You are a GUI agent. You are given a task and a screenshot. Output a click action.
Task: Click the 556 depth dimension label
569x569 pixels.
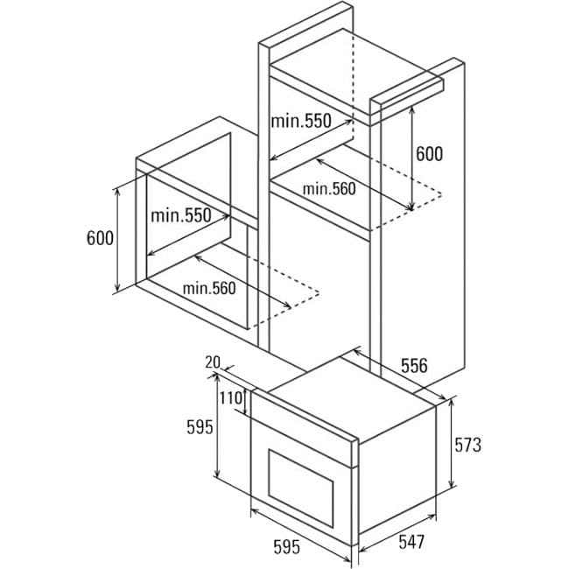pyautogui.click(x=414, y=365)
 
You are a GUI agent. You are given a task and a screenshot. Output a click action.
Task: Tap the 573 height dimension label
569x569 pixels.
pyautogui.click(x=467, y=445)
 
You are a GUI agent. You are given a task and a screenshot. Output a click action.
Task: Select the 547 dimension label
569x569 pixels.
pyautogui.click(x=411, y=542)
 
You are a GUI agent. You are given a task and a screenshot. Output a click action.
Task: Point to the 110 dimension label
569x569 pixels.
pyautogui.click(x=231, y=398)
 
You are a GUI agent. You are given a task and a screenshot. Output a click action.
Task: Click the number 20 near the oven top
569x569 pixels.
pyautogui.click(x=213, y=362)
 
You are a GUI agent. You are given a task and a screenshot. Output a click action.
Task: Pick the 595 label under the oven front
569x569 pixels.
pyautogui.click(x=286, y=547)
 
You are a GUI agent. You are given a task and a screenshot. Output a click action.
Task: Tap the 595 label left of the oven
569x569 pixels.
pyautogui.click(x=200, y=427)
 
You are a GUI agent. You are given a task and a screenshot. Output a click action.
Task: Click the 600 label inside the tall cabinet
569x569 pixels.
pyautogui.click(x=429, y=154)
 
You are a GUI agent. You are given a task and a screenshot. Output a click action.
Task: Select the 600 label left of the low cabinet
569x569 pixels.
pyautogui.click(x=100, y=238)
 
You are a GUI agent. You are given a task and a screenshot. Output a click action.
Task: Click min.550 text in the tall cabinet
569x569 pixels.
pyautogui.click(x=301, y=121)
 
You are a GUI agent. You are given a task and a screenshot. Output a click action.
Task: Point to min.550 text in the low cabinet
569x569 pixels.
pyautogui.click(x=180, y=215)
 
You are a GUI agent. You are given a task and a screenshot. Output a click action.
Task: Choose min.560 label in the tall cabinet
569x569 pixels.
pyautogui.click(x=329, y=189)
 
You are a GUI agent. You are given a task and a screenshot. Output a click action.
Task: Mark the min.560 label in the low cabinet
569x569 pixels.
pyautogui.click(x=209, y=289)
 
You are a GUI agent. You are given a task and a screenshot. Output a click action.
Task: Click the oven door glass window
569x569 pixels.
pyautogui.click(x=301, y=488)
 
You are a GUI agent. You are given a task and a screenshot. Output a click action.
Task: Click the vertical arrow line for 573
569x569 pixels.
pyautogui.click(x=452, y=443)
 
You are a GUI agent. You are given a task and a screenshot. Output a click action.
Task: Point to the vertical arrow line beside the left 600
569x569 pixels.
pyautogui.click(x=117, y=240)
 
